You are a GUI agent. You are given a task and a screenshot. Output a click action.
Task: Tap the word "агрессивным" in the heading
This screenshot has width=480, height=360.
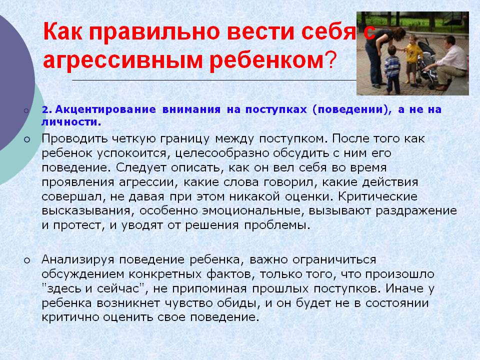[123, 59]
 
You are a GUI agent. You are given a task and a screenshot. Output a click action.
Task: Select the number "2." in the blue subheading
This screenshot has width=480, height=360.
[46, 110]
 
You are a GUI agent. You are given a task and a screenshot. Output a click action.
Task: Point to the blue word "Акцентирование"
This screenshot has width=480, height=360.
[105, 109]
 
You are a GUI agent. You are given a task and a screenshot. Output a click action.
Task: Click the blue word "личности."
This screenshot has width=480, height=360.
[71, 122]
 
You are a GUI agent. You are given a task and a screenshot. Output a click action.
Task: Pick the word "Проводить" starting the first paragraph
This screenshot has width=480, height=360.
[74, 138]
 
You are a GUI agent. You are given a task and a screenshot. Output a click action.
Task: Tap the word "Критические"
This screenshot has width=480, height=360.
[378, 196]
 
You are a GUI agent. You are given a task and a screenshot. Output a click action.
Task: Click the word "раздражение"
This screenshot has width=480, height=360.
[416, 211]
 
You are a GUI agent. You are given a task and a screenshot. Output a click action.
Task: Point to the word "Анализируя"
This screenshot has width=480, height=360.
[78, 259]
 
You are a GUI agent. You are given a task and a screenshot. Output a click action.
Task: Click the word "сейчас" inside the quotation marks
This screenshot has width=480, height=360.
[120, 288]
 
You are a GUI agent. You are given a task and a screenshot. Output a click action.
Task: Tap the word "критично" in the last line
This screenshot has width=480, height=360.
[70, 317]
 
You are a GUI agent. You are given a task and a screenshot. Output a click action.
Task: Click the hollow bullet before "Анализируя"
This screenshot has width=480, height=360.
[27, 260]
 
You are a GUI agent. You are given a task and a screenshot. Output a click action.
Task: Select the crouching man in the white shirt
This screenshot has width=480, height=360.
[449, 63]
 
